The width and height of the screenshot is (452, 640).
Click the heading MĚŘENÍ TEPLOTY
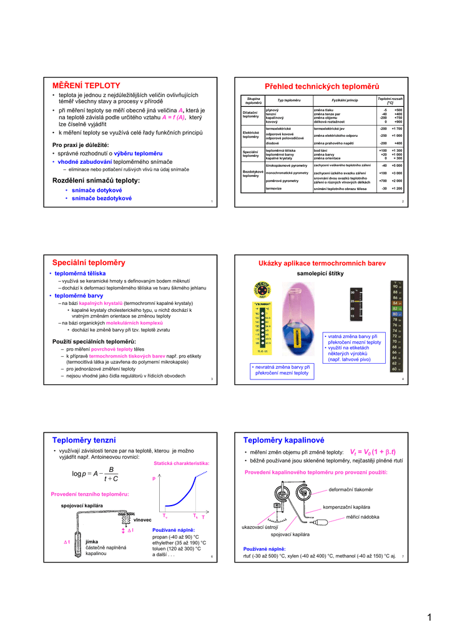click(x=86, y=85)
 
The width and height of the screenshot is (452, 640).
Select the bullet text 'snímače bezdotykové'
click(x=102, y=198)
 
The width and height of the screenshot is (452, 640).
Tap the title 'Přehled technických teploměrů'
click(x=322, y=86)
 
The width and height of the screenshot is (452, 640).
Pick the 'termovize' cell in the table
click(x=273, y=188)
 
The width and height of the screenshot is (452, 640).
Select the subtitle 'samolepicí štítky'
click(x=320, y=274)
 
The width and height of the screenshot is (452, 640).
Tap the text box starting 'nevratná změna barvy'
click(x=282, y=370)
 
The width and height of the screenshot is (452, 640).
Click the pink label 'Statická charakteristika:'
click(x=181, y=463)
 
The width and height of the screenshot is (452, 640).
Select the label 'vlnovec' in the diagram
click(x=142, y=520)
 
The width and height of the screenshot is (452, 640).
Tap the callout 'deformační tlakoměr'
click(x=350, y=489)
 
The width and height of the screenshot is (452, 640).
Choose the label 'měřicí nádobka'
click(x=362, y=517)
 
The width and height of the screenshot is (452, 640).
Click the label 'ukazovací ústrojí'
click(x=259, y=527)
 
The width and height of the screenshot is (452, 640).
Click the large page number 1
click(x=430, y=618)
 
